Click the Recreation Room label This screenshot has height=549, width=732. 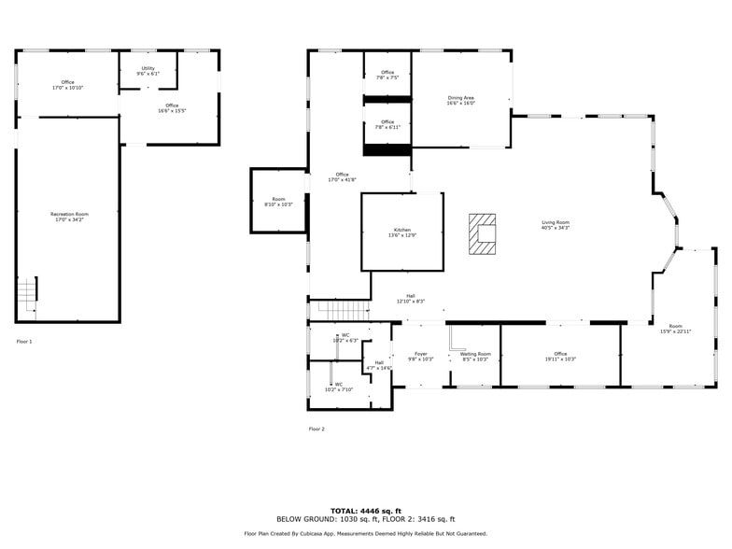coord(69,217)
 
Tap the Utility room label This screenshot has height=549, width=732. coord(148,70)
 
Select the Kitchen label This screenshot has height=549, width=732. coord(401,232)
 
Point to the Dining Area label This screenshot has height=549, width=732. coord(461,100)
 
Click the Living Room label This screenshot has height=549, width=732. coord(556,224)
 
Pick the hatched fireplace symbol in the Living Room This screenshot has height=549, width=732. coord(483,234)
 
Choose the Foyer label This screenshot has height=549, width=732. coord(421,356)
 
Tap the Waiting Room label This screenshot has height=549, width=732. coord(475,356)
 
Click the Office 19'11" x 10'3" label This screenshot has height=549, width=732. coord(560,356)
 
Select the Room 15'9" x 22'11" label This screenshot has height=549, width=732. coord(675,329)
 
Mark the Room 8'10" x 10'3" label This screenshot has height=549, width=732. coord(278,201)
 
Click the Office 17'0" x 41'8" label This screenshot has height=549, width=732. coord(342,176)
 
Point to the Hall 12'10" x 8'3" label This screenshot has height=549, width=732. coord(411,299)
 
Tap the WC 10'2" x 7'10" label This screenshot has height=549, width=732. coord(338,387)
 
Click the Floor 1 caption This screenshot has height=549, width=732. coord(24,342)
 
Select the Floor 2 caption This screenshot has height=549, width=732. coord(317,429)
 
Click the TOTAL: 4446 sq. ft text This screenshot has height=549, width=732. coord(365,511)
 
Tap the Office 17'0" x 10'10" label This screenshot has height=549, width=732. coord(67,84)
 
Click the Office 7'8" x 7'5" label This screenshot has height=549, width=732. coord(387,75)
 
